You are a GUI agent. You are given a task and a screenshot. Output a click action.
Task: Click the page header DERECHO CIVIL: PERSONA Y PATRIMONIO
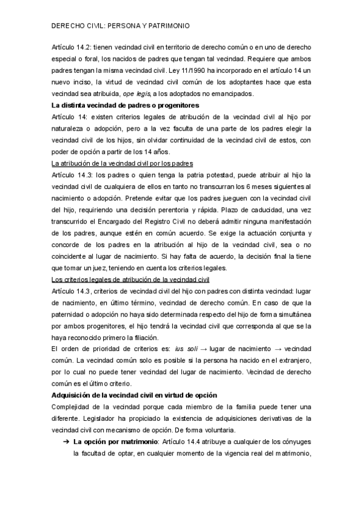click(121, 27)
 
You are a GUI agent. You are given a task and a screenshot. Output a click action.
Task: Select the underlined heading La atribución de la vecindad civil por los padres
click(123, 164)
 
